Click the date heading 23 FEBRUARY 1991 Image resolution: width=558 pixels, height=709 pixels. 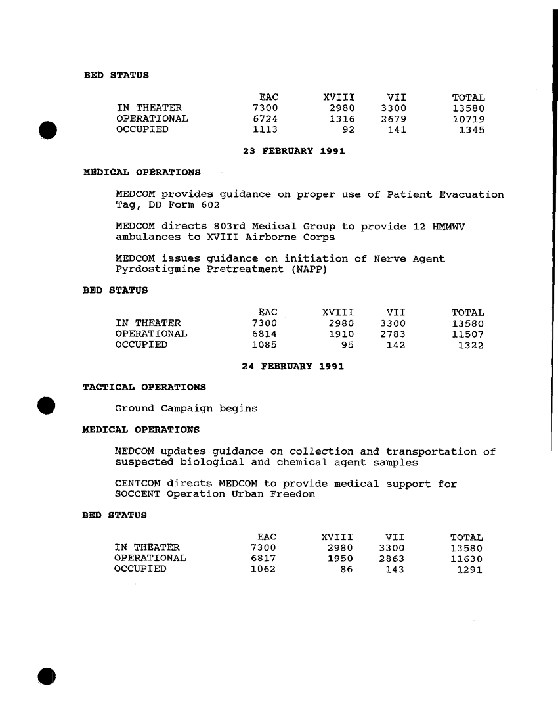tap(293, 152)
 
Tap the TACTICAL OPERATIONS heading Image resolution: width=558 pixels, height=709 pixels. tap(144, 387)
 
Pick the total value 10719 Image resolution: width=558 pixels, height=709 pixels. tap(469, 119)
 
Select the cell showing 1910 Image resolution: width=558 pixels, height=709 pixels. tap(341, 334)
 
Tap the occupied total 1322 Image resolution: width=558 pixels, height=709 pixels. tap(471, 345)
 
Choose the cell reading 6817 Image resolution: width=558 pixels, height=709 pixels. tap(263, 559)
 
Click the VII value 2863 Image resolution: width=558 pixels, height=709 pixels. tap(391, 559)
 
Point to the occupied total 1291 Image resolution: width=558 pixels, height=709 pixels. tap(470, 570)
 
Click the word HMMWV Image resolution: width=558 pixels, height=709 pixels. tap(449, 227)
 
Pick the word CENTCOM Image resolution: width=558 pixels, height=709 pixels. tap(137, 484)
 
